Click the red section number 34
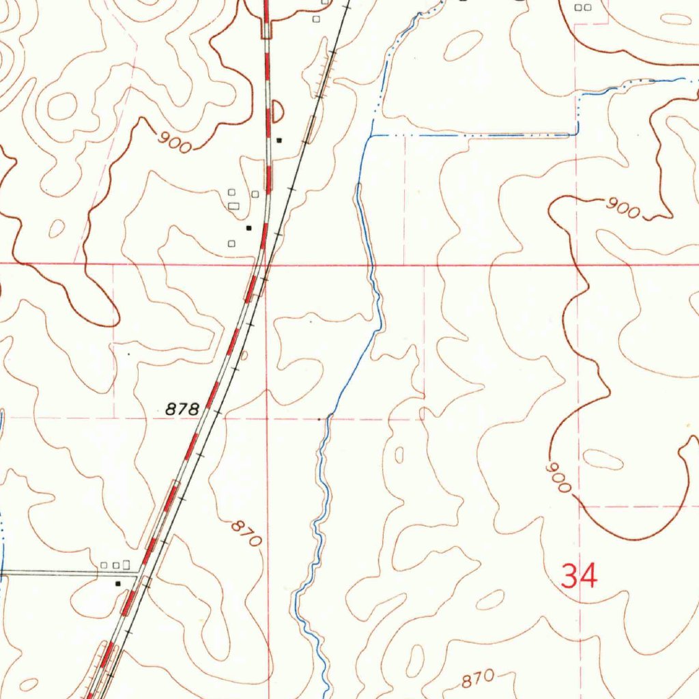(x=579, y=575)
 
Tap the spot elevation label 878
(x=183, y=410)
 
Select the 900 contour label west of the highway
(x=174, y=141)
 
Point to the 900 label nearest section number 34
(x=559, y=477)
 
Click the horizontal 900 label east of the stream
(x=623, y=208)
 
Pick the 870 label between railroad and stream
(x=246, y=533)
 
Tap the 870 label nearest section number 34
(x=477, y=680)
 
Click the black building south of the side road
(x=118, y=584)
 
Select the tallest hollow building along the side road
(x=127, y=564)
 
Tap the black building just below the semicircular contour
(x=279, y=140)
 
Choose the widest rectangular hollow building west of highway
(x=234, y=205)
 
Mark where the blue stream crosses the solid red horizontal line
(x=372, y=263)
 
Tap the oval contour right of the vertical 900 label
(x=603, y=460)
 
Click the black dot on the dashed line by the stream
(x=319, y=418)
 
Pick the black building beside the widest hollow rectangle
(x=248, y=227)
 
